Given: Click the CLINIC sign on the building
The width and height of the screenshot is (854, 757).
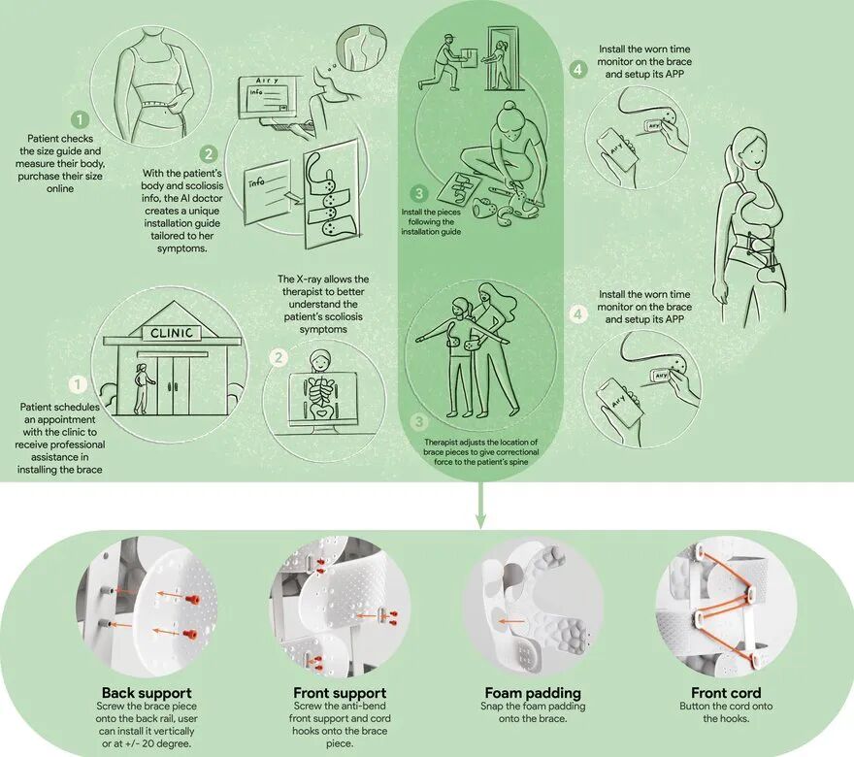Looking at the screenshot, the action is click(172, 333).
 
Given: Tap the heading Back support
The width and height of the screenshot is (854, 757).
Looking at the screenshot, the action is click(147, 693).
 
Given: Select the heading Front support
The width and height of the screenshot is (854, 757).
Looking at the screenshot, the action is click(340, 693).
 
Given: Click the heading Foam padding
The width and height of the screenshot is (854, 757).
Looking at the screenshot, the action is click(533, 693).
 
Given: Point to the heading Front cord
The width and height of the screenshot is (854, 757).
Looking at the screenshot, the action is click(726, 693).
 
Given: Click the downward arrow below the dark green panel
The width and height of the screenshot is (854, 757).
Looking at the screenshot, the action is click(479, 504).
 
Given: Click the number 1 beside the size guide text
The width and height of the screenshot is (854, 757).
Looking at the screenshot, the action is click(80, 119).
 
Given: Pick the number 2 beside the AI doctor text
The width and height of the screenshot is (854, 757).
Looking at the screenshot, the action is click(209, 154).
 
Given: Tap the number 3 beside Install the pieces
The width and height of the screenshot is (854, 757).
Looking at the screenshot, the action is click(419, 193).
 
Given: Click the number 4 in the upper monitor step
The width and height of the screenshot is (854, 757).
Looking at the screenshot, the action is click(577, 69).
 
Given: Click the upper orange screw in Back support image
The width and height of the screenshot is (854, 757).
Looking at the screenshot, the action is click(190, 600).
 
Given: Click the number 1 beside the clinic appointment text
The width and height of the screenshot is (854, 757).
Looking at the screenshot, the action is click(78, 384).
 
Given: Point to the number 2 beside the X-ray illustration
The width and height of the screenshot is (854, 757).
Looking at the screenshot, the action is click(279, 357).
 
